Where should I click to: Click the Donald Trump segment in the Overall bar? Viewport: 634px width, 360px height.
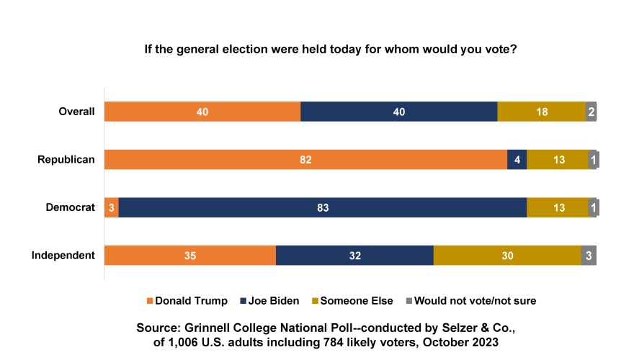tap(202, 112)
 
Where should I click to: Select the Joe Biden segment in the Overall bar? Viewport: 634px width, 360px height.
tap(398, 112)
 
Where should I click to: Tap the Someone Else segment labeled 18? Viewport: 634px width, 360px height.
tap(541, 112)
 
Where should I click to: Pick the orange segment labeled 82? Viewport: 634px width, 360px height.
tap(305, 159)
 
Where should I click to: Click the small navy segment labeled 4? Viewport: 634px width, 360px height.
tap(517, 159)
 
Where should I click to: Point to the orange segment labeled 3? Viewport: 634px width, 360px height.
tap(112, 207)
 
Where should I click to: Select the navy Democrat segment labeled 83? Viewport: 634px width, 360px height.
tap(323, 207)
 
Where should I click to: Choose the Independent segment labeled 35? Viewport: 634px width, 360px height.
tap(190, 256)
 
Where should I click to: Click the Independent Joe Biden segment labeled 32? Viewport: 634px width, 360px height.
tap(354, 256)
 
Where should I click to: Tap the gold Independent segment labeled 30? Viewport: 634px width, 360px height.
tap(507, 256)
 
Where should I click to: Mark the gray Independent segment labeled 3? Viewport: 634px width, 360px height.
tap(589, 256)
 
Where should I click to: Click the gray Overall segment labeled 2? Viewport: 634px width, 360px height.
tap(591, 112)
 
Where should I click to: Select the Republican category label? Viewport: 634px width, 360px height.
tap(66, 159)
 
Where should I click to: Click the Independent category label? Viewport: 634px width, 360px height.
tap(63, 256)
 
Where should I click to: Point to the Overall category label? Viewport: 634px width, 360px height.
tap(76, 112)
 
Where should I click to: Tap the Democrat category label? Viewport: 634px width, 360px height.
tap(70, 207)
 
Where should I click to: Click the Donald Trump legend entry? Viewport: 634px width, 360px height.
tap(187, 300)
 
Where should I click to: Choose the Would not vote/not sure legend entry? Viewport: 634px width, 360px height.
tap(470, 300)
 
